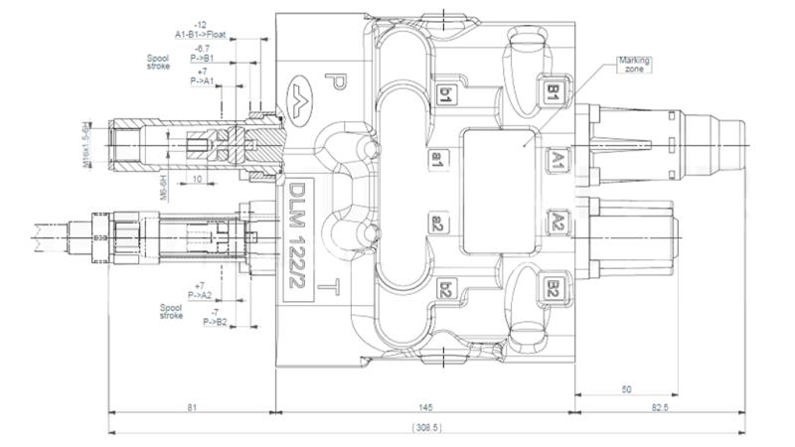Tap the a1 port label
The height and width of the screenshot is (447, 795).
tap(436, 159)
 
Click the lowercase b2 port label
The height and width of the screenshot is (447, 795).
tap(446, 290)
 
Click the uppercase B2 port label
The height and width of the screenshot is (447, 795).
tap(553, 289)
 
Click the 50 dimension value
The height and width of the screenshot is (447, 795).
tap(626, 389)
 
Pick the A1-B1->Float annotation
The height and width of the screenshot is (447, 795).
tap(201, 33)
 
